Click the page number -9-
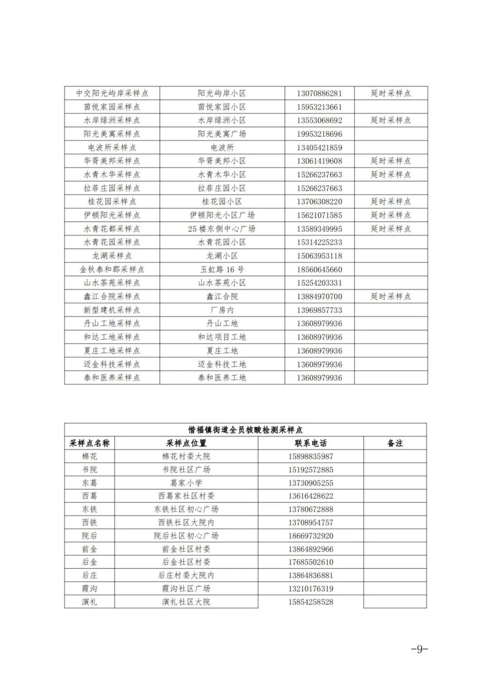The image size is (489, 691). [x=419, y=649]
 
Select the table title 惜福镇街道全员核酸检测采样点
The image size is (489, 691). [x=245, y=429]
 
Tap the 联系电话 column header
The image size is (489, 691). [x=311, y=443]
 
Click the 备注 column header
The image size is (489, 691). [x=395, y=443]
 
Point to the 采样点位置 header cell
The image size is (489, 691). [x=186, y=443]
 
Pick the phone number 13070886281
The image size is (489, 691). [x=319, y=93]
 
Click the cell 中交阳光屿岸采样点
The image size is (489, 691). [x=112, y=93]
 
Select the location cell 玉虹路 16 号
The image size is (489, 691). [x=222, y=269]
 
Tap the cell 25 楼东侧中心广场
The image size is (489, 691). [x=222, y=229]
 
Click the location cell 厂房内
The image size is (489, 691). [x=222, y=310]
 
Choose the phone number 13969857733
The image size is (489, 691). [x=319, y=310]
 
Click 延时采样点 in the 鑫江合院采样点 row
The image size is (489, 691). [x=391, y=296]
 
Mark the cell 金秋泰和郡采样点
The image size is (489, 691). [x=112, y=269]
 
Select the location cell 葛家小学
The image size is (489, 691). [x=186, y=483]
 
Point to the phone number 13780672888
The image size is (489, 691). [x=311, y=509]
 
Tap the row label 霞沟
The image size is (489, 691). [x=90, y=588]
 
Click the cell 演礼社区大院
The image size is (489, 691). [x=186, y=602]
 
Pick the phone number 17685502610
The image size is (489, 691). [x=311, y=562]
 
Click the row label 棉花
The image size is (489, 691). [x=90, y=456]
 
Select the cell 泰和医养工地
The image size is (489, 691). [x=222, y=377]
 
